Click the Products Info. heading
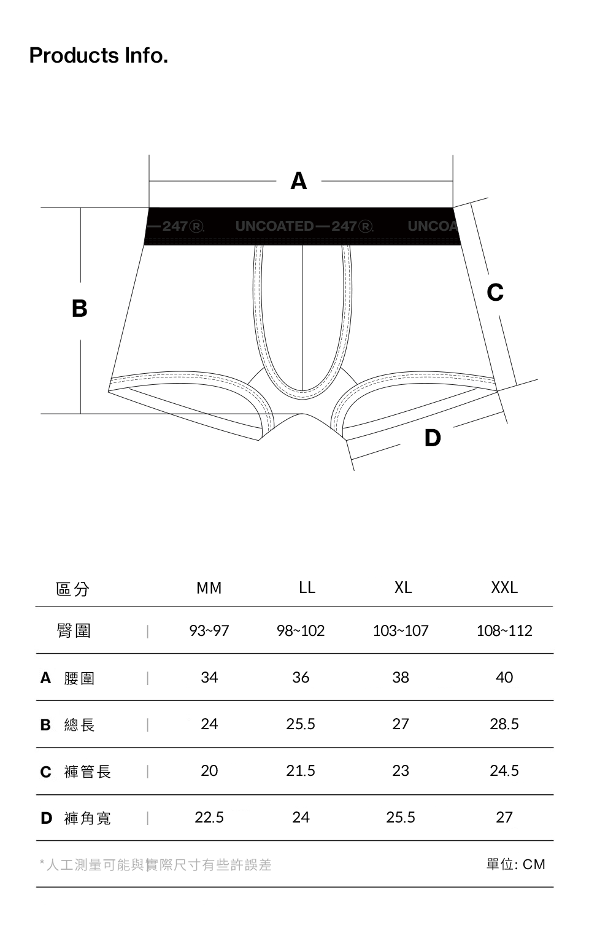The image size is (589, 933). [x=99, y=55]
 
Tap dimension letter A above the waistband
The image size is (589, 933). [x=298, y=181]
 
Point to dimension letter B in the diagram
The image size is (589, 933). [x=80, y=308]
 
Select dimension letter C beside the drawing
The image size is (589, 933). [x=495, y=292]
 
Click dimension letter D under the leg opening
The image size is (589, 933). [x=433, y=438]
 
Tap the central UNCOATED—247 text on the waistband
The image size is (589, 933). [x=304, y=226]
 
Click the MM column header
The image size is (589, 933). [x=209, y=587]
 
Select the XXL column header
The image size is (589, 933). [x=504, y=587]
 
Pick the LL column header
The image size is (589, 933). [x=307, y=587]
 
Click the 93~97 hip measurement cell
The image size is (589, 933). [x=209, y=630]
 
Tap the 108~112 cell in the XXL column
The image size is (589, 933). [x=504, y=630]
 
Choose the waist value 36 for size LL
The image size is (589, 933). [x=301, y=677]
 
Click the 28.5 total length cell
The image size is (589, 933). [x=504, y=724]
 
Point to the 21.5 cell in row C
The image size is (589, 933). [x=301, y=770]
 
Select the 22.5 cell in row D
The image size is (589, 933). [x=209, y=817]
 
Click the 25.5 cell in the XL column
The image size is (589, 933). [x=401, y=817]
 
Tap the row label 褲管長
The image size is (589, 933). [x=87, y=772]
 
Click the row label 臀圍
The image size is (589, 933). [x=74, y=630]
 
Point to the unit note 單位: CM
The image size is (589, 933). [x=516, y=864]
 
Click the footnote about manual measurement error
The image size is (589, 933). [x=156, y=865]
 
